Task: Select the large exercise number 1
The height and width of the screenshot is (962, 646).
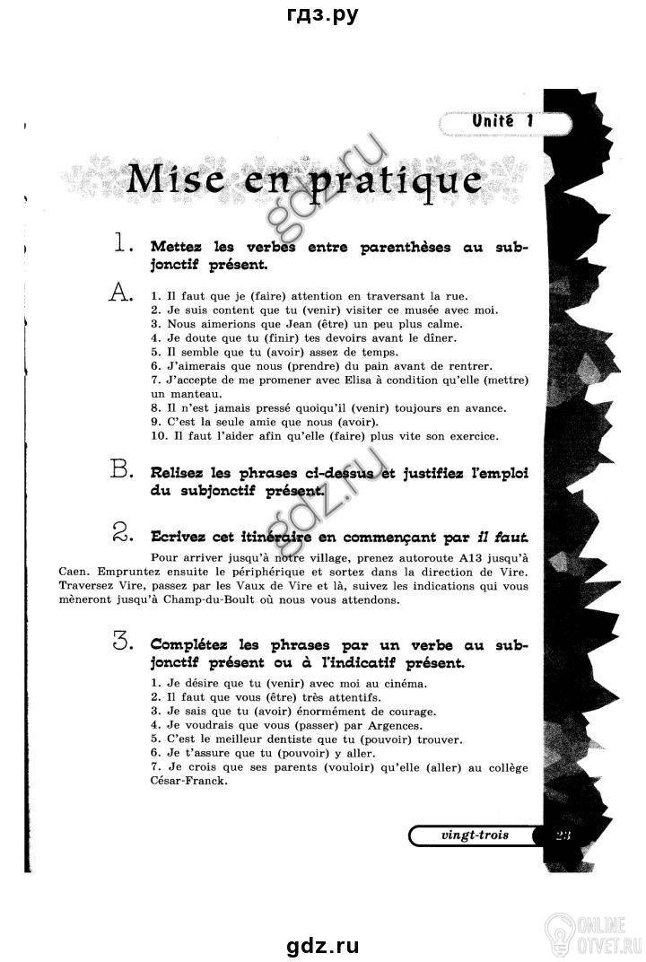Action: click(122, 243)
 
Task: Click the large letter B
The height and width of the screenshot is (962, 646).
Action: click(120, 468)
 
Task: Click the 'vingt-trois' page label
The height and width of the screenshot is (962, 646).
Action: click(475, 835)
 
